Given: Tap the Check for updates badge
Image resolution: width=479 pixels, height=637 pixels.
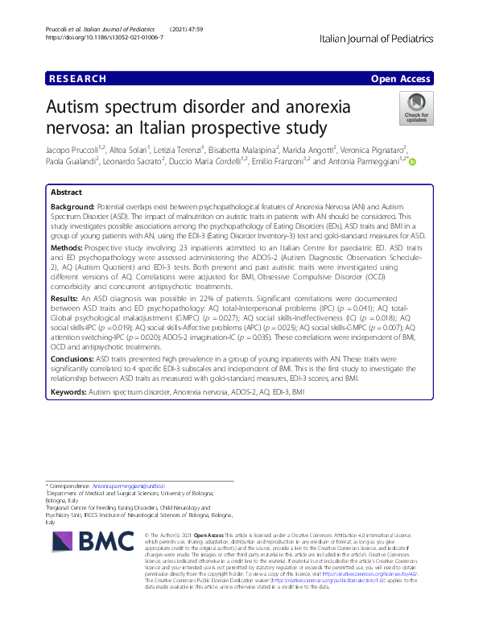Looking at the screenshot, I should [x=417, y=108].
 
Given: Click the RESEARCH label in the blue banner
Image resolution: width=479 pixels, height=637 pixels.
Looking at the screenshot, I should [x=77, y=79].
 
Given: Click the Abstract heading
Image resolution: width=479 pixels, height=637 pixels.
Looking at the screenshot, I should [x=67, y=192].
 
